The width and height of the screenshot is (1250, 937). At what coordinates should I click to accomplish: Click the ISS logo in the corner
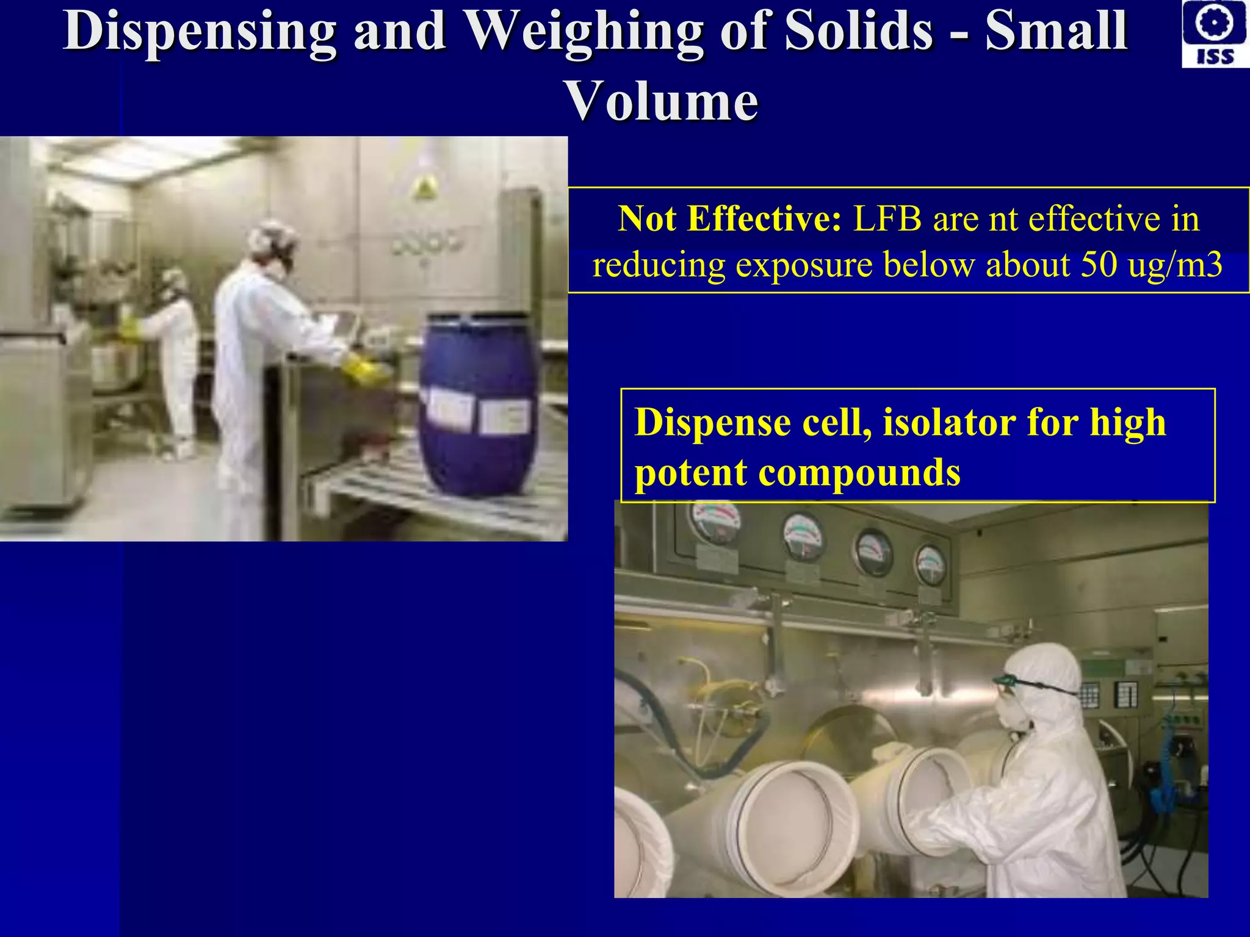point(1215,34)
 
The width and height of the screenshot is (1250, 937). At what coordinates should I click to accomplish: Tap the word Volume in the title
point(662,101)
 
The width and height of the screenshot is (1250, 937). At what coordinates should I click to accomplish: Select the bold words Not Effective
point(729,218)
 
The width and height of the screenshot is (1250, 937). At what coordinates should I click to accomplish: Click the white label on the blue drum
point(504,418)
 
